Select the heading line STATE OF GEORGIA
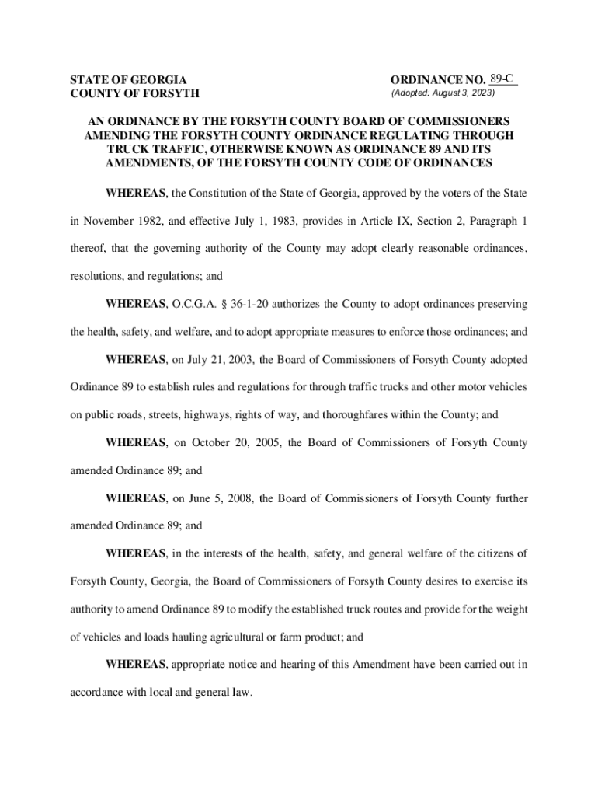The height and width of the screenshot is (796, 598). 128,80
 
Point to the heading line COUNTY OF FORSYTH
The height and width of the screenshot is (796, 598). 134,94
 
